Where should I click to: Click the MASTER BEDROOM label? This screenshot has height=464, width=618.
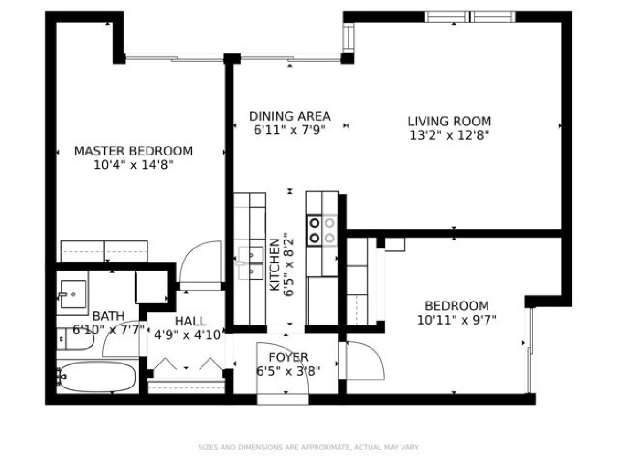(x=133, y=151)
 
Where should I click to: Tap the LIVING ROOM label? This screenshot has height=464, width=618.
(x=450, y=122)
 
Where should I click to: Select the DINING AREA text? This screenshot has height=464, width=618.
(x=290, y=117)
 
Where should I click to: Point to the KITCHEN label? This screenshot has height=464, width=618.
(x=274, y=264)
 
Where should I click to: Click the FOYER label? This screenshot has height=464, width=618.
(x=288, y=357)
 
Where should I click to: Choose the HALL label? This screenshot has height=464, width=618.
(x=191, y=321)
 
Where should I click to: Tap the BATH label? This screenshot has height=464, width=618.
(x=108, y=316)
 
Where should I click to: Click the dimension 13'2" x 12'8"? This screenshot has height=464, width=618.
(x=450, y=136)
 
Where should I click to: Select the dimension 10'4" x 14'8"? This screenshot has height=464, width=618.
(x=133, y=165)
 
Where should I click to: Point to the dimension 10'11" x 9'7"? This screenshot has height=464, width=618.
(x=456, y=320)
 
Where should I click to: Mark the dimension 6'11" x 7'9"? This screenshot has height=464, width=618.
(x=290, y=130)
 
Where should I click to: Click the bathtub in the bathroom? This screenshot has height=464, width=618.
(x=97, y=377)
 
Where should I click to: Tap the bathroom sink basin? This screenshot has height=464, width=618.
(x=73, y=294)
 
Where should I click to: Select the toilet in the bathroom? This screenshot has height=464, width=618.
(x=75, y=339)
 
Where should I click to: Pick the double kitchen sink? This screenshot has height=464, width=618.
(x=251, y=263)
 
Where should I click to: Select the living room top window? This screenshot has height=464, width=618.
(x=470, y=17)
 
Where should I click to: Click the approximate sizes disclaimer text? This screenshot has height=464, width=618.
(x=308, y=447)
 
